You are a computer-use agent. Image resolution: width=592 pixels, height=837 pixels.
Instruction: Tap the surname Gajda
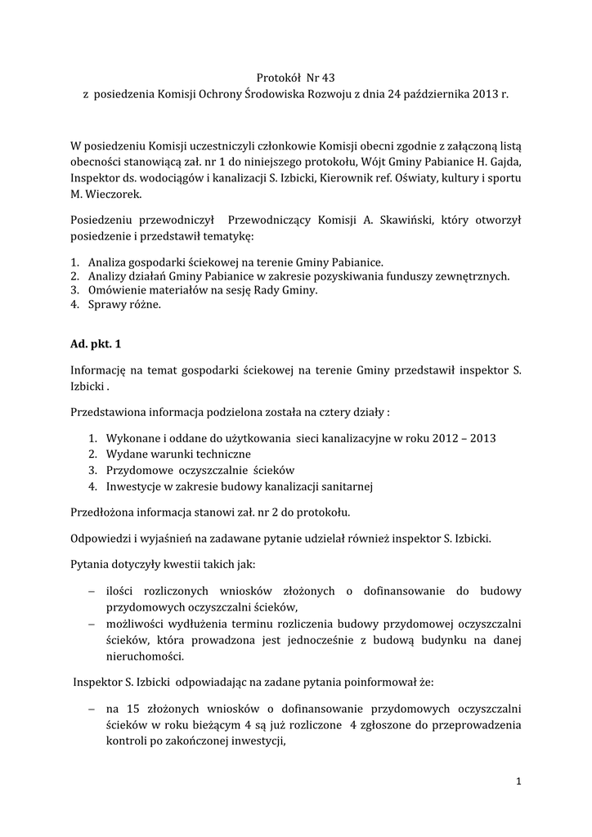(505, 162)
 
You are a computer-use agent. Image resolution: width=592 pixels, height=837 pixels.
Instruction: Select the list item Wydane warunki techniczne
(178, 454)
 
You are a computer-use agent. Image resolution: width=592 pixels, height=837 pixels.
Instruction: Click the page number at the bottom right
(519, 782)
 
